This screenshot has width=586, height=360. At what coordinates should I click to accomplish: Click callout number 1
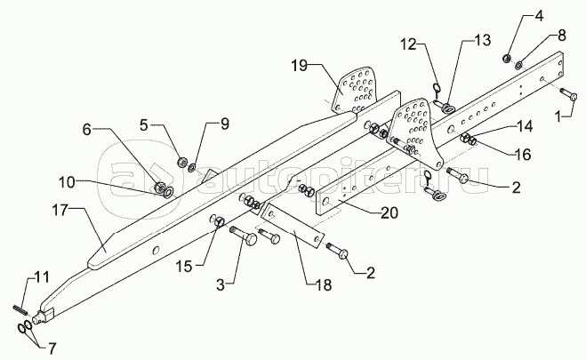tap(561, 116)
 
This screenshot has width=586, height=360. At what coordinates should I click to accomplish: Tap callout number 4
tap(514, 16)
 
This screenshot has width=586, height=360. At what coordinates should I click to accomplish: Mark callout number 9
tap(199, 124)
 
